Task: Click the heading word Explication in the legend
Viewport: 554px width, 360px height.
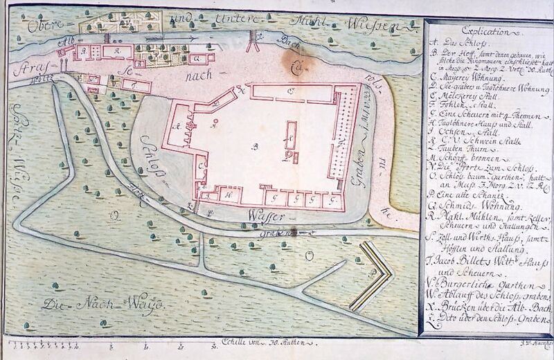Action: pyautogui.click(x=485, y=31)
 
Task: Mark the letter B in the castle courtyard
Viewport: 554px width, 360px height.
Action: pyautogui.click(x=253, y=147)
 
